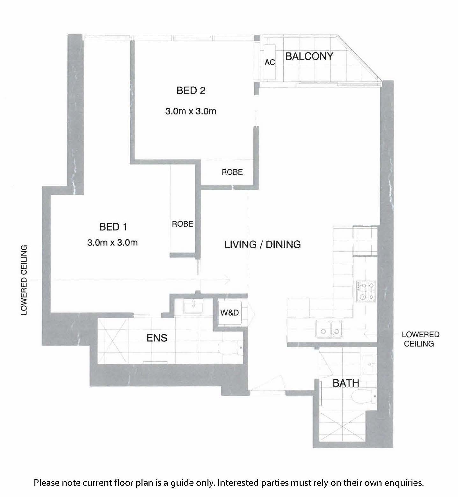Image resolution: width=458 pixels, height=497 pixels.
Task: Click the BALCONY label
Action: tap(309, 56)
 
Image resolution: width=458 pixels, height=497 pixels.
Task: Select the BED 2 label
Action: tap(191, 91)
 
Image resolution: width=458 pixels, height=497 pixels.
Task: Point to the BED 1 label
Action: tap(113, 227)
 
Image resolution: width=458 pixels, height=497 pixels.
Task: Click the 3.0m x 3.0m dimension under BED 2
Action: tap(191, 111)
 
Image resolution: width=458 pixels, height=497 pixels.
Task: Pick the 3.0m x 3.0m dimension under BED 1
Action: tap(113, 243)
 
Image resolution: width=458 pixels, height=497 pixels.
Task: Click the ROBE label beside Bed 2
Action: tap(232, 172)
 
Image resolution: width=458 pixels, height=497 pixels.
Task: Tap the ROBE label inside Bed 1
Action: tap(183, 224)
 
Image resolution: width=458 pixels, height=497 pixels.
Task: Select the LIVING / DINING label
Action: tap(263, 245)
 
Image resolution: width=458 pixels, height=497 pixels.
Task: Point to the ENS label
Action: tap(157, 338)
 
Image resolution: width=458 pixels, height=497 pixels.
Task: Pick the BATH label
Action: tap(346, 383)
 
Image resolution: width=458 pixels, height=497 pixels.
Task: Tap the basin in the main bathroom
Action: tap(369, 364)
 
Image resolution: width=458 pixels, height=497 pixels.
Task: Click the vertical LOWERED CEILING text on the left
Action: tap(24, 280)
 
